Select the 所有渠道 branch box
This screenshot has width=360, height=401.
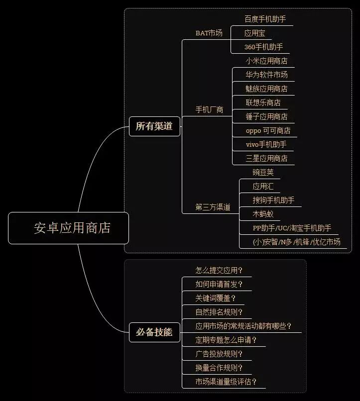click(154, 126)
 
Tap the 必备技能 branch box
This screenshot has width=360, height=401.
click(154, 332)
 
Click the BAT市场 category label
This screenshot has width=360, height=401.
click(209, 33)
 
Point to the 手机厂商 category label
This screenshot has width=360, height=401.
click(209, 110)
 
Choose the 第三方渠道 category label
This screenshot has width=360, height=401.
click(213, 207)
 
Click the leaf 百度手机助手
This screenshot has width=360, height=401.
click(265, 19)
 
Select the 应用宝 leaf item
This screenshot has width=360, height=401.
click(255, 33)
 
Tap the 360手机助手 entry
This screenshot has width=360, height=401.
click(264, 47)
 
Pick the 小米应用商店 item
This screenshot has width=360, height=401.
click(266, 61)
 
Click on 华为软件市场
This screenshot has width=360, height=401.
click(266, 75)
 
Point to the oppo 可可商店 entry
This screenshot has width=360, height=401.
click(268, 131)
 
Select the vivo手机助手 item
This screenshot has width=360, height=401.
click(266, 145)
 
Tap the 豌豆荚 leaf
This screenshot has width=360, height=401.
click(263, 172)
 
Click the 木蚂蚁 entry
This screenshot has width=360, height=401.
click(263, 214)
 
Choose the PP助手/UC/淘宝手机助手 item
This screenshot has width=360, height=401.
click(292, 228)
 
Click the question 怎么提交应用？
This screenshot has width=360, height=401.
click(219, 271)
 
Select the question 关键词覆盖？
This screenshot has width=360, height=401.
click(216, 298)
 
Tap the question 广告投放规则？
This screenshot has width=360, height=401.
click(219, 354)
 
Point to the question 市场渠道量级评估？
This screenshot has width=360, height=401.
click(226, 382)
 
